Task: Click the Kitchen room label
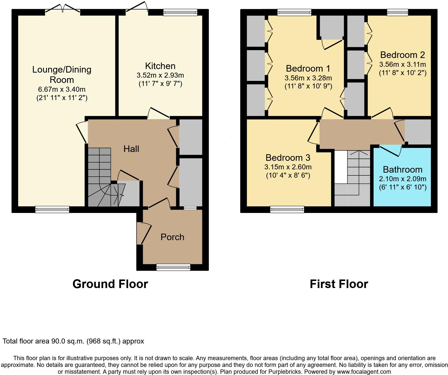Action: pos(160,66)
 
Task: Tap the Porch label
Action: pos(173,237)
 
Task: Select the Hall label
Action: pos(131,149)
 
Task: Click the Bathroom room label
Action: pos(403,170)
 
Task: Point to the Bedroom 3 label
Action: pos(288,158)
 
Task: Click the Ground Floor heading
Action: pos(110,284)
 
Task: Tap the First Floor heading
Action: pos(339,284)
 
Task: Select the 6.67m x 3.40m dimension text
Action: pos(62,89)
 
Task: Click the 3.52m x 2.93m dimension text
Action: pos(160,75)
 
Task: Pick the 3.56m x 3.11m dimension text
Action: pos(403,65)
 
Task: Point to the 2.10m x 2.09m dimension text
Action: pos(403,179)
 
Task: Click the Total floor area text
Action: pos(73,341)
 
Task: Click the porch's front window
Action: pos(173,267)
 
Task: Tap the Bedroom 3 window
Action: pos(287,209)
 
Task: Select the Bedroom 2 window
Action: pos(398,12)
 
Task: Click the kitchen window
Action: pos(180,12)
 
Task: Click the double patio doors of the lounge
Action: pos(63,9)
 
